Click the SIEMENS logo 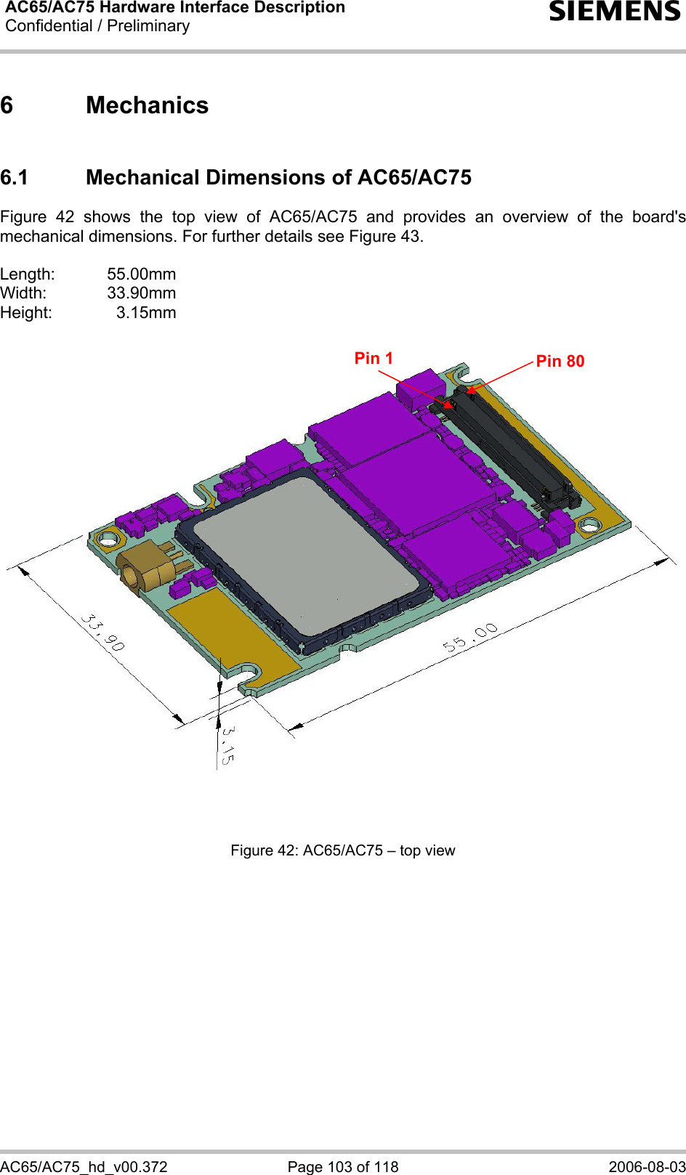615,11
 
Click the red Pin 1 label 374,358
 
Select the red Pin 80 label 560,361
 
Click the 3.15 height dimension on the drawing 227,745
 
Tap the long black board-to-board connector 509,450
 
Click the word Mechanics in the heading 147,105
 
